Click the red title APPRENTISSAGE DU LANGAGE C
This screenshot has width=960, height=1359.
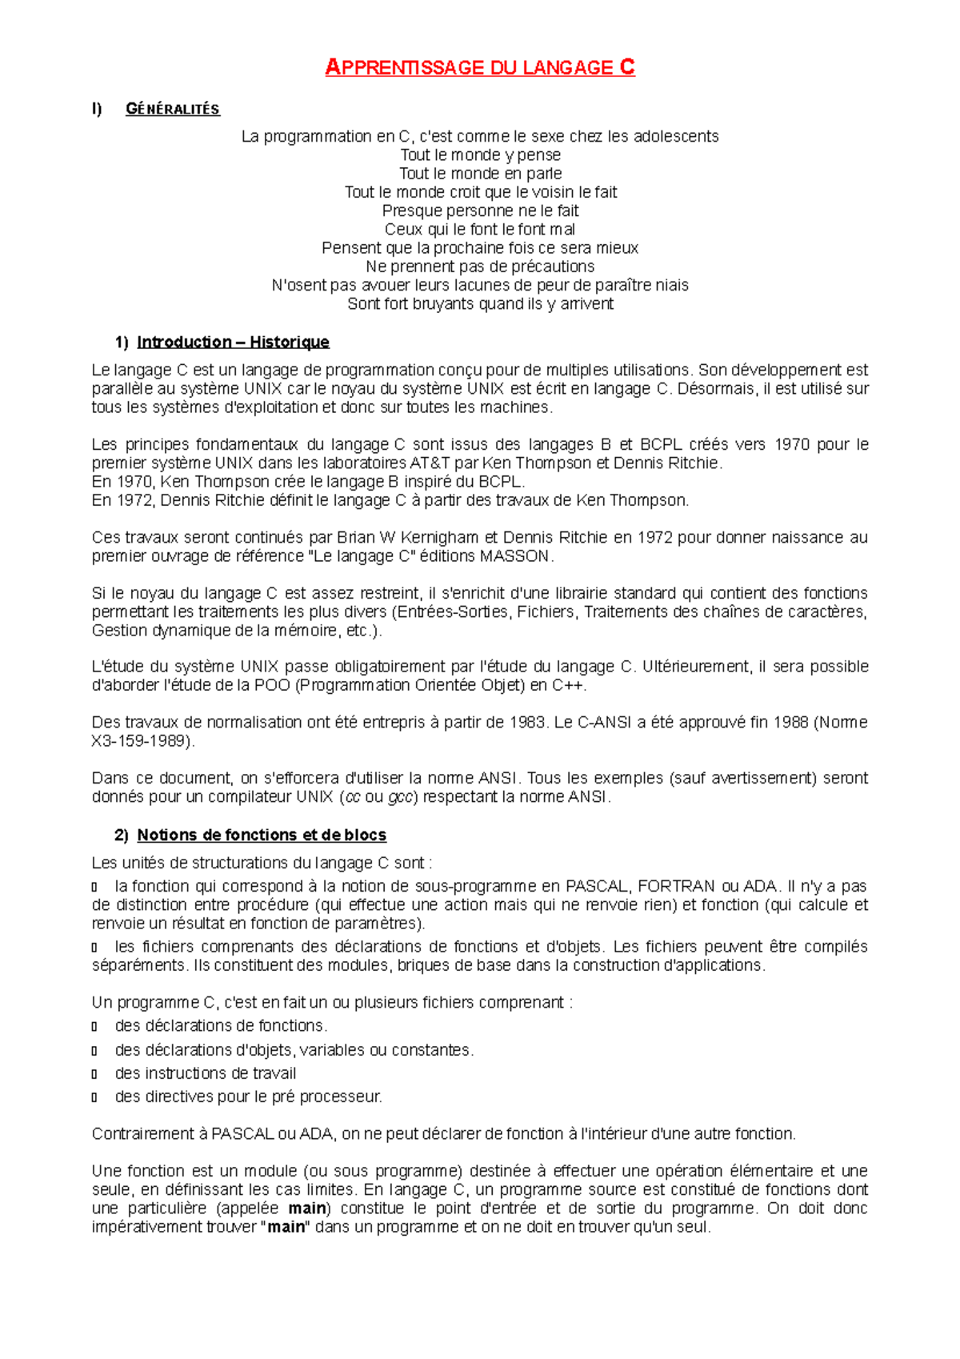coord(480,68)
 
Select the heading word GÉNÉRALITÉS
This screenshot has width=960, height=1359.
coord(172,110)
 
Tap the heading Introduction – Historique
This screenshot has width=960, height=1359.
coord(233,343)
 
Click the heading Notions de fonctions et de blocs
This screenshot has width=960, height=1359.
coord(262,836)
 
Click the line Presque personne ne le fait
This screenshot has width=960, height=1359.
coord(480,211)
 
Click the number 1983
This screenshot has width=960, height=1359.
coord(527,723)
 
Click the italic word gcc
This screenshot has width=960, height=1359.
coord(399,797)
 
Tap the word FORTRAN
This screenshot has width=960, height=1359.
coord(676,887)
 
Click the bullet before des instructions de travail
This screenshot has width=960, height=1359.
coord(94,1074)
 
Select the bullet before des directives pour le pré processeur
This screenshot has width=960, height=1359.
coord(94,1097)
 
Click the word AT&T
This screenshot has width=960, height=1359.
coord(430,463)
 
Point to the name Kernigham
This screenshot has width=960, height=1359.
coord(439,538)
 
